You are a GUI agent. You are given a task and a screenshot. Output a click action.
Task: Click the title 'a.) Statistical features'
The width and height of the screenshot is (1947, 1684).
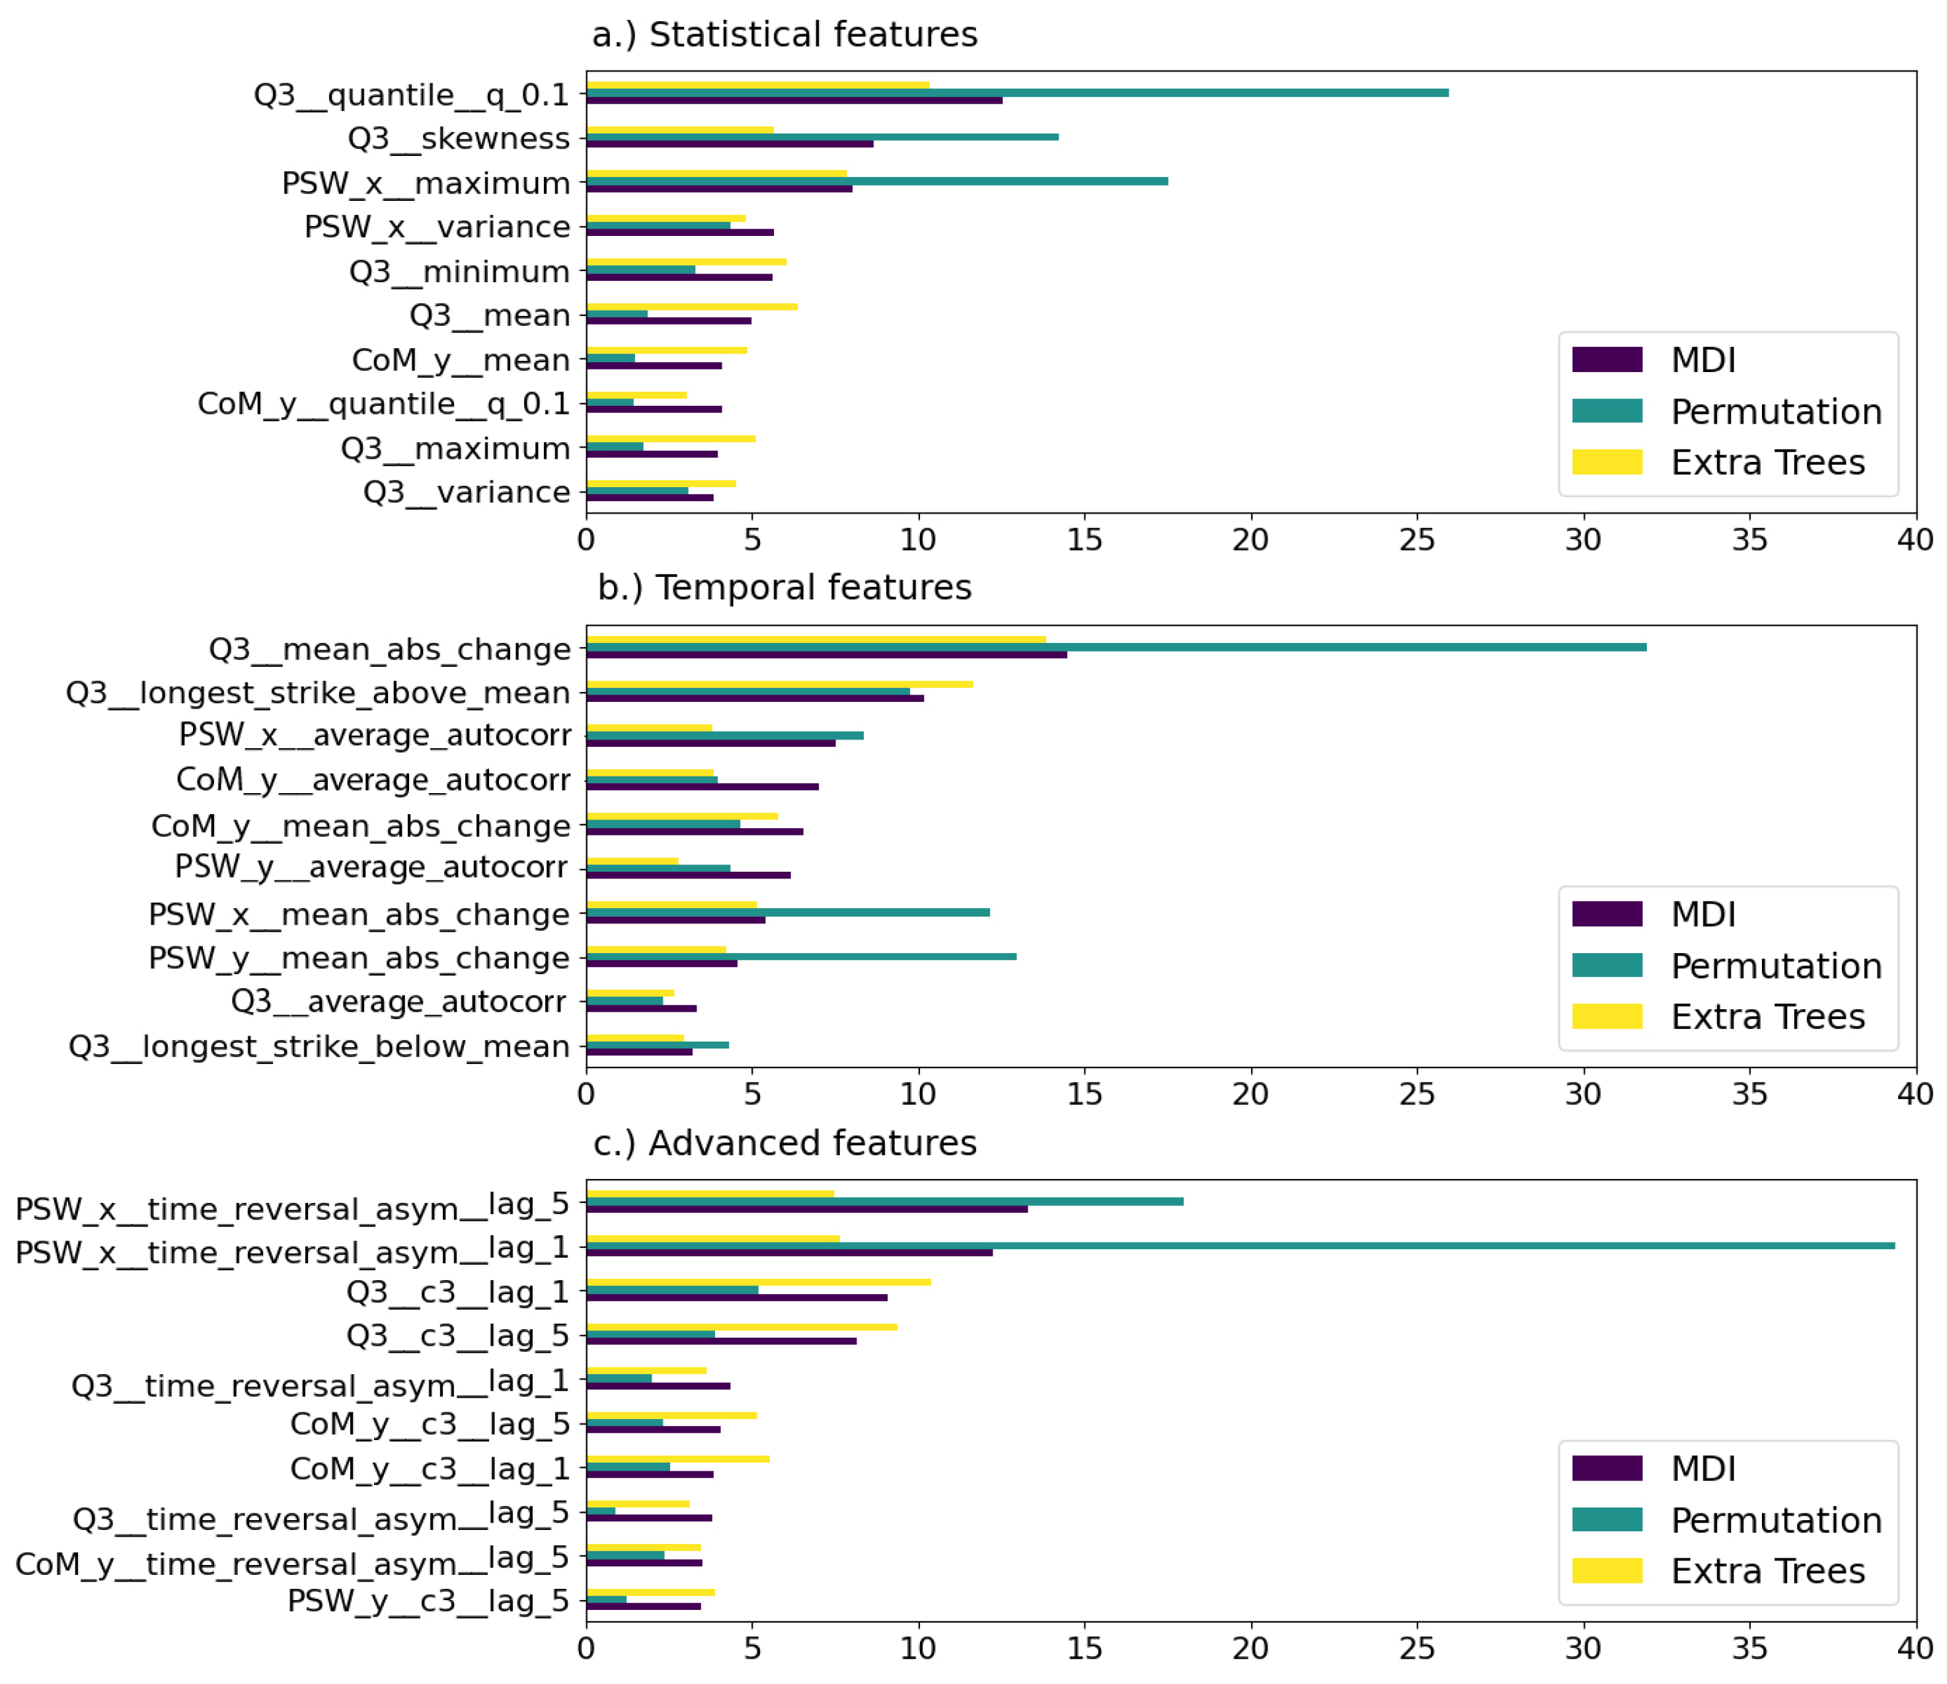[784, 35]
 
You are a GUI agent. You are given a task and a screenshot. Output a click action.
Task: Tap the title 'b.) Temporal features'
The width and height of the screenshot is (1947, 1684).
[784, 588]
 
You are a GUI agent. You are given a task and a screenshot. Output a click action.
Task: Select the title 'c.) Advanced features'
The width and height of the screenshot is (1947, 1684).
[784, 1143]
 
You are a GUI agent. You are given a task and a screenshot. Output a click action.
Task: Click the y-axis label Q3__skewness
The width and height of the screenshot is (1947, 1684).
[459, 138]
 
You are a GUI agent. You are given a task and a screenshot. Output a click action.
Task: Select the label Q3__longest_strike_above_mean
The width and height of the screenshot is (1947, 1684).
[318, 693]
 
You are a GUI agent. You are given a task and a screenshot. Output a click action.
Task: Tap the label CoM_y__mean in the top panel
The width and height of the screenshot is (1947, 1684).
[461, 360]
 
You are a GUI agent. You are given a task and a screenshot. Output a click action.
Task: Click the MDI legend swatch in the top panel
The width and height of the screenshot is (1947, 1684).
[1607, 360]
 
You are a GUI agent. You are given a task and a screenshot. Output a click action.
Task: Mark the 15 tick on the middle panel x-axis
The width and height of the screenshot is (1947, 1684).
[1085, 1094]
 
